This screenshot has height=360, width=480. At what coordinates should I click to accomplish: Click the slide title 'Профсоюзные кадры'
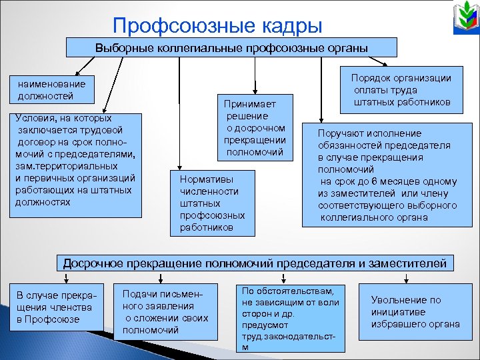tap(217, 25)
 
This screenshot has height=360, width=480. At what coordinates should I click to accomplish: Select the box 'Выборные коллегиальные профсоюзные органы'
tap(231, 47)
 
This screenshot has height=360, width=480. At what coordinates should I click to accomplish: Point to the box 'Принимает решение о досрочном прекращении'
tap(254, 127)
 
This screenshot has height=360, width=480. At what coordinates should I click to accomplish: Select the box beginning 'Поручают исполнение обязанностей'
tap(388, 175)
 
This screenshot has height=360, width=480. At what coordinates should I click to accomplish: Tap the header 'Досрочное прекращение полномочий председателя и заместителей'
tap(255, 263)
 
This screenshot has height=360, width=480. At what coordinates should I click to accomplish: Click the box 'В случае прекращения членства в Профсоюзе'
tap(57, 307)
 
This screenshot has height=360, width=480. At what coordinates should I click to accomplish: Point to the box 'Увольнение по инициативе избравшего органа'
tap(415, 311)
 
